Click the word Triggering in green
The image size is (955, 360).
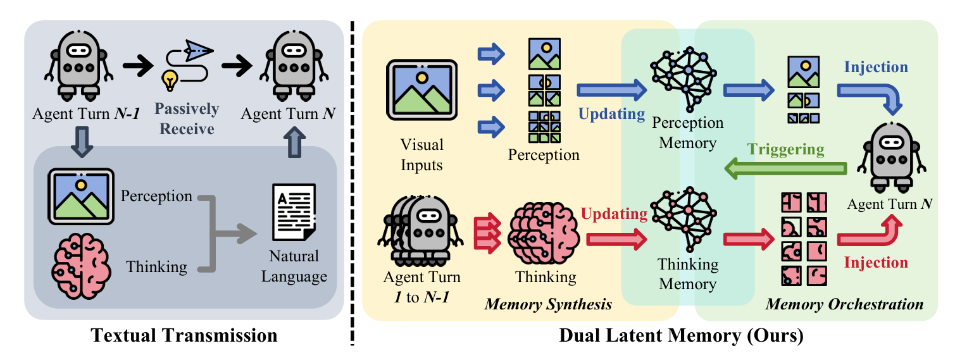tap(786, 149)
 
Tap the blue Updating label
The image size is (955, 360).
tap(611, 115)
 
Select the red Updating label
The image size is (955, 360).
tap(613, 214)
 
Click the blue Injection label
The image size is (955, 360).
tap(877, 67)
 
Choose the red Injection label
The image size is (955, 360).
tap(876, 262)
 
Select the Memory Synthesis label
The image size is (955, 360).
tap(548, 304)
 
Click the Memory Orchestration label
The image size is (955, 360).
tap(844, 304)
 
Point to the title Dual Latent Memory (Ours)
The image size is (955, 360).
tap(681, 336)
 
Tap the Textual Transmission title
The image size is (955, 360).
tap(184, 335)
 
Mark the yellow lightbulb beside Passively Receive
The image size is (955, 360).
tap(170, 80)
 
